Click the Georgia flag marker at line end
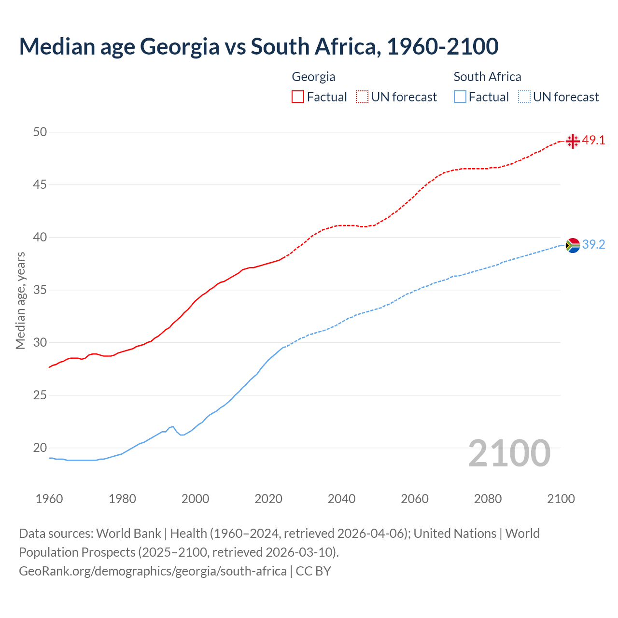coord(573,141)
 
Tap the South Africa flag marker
coord(573,245)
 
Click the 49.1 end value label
coord(593,140)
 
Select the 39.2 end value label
coord(593,245)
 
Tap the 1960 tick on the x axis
coord(49,499)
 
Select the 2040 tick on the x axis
coord(341,499)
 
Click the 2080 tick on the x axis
coord(488,499)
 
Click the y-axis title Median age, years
coord(20,300)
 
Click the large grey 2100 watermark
coord(509,453)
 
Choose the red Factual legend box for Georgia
coord(298,97)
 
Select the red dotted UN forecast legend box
coord(362,97)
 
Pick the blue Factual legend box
coord(460,97)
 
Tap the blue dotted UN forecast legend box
coord(524,97)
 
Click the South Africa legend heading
coord(487,77)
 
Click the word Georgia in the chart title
coord(179,47)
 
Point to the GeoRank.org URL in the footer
coord(153,571)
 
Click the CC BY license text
coord(313,571)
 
